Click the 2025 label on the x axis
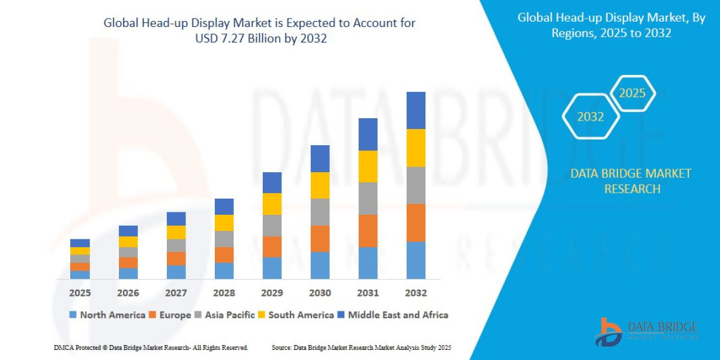pos(80,293)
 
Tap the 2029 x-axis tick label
pos(272,293)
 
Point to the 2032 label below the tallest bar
pos(416,293)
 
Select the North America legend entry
pos(107,314)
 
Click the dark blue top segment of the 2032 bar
pos(416,110)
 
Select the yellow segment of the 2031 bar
pos(368,166)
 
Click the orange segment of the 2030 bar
pos(320,238)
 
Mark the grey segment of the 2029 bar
pos(272,226)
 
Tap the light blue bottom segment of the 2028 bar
pos(224,271)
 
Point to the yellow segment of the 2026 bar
pos(128,242)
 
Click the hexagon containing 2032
pos(590,117)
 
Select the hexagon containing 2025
pos(632,94)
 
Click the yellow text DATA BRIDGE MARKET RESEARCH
pos(631,181)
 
